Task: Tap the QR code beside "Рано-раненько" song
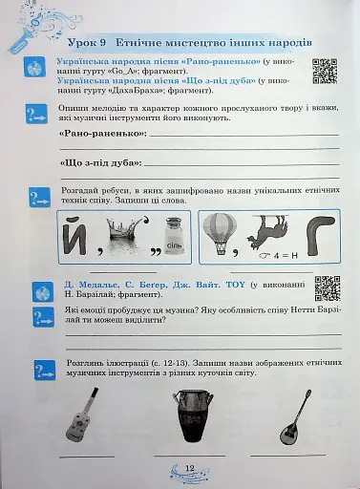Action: pyautogui.click(x=325, y=72)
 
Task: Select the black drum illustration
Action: pyautogui.click(x=189, y=415)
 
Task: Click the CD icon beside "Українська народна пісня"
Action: pyautogui.click(x=34, y=69)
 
